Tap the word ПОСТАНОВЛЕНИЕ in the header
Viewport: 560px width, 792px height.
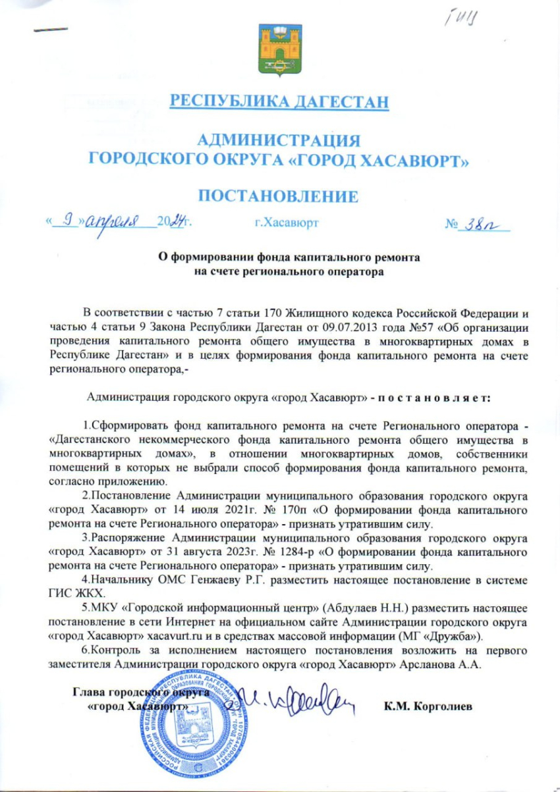pos(279,196)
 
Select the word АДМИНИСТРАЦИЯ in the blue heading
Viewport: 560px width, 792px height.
pos(279,140)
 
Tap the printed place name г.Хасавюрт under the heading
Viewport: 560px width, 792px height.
pos(286,223)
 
